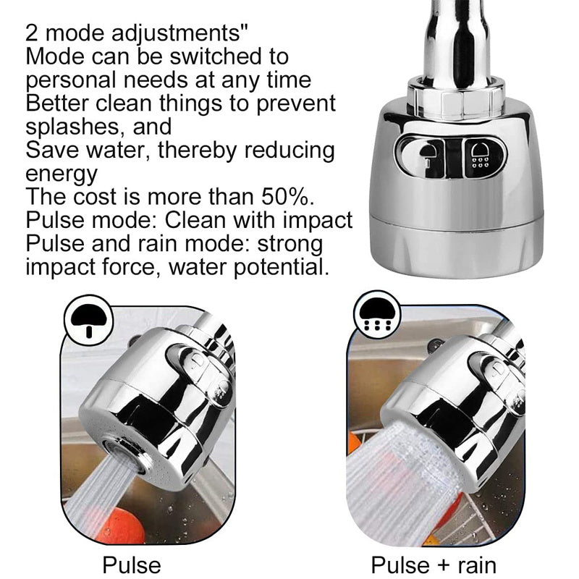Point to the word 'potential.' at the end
281,267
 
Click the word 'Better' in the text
57,103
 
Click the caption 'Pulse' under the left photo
132,565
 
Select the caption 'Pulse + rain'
434,565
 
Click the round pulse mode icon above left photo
88,320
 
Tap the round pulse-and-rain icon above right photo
377,314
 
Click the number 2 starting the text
32,34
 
